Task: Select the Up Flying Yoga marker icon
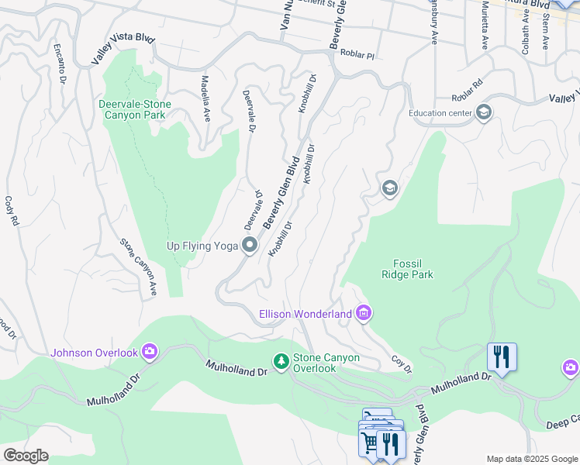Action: [x=250, y=246]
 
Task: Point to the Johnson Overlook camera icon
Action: [x=150, y=353]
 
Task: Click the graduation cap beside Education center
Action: [x=484, y=113]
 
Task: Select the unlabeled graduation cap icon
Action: [x=389, y=188]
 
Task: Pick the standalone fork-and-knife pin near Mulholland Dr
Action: [x=502, y=357]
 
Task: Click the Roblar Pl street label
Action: [x=360, y=57]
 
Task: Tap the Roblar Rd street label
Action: [x=468, y=88]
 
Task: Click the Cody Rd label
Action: [x=12, y=211]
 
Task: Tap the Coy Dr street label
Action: [x=401, y=363]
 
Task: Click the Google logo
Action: [x=26, y=456]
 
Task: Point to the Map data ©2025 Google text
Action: [x=531, y=459]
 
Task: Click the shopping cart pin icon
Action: [x=370, y=443]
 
